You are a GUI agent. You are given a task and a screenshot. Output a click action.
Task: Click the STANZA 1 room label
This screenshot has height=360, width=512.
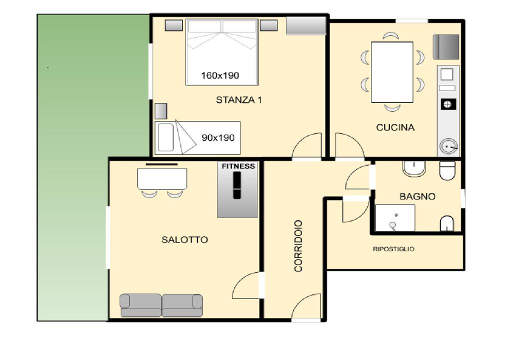click(x=238, y=99)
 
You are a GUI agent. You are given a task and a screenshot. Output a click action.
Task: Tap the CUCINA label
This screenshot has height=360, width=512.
click(x=395, y=127)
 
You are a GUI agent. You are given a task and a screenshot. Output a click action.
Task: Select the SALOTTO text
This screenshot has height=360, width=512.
click(x=184, y=240)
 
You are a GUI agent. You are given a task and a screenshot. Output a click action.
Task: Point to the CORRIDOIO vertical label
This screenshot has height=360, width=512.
click(x=298, y=245)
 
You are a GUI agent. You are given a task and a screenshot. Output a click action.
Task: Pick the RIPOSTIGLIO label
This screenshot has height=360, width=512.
click(x=393, y=249)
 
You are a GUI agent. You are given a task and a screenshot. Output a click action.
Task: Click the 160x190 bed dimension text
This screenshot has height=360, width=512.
click(x=220, y=75)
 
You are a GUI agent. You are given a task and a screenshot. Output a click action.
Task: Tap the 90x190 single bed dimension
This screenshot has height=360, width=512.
click(x=218, y=137)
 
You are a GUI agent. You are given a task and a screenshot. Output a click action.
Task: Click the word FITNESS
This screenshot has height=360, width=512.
click(x=238, y=166)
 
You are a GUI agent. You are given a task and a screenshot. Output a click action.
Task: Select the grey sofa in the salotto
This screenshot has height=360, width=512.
click(x=161, y=305)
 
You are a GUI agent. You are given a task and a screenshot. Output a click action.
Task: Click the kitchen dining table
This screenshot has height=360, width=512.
click(x=392, y=72)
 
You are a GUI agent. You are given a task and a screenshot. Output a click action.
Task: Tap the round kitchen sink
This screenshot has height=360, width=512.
click(x=448, y=146)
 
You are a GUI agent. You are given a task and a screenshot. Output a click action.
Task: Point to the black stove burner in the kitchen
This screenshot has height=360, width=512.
click(x=447, y=104)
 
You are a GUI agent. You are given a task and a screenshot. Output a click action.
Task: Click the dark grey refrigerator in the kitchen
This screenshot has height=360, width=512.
click(x=445, y=47)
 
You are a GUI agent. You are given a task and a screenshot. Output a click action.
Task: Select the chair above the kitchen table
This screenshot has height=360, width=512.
click(x=391, y=35)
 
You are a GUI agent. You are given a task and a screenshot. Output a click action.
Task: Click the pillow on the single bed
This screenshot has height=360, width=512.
click(x=165, y=137)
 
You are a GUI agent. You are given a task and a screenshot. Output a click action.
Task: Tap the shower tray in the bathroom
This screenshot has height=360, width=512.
click(x=395, y=218)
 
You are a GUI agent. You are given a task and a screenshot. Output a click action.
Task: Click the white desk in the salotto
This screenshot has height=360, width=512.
click(x=162, y=178)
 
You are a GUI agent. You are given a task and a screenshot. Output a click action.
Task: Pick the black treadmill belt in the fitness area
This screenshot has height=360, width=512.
click(x=237, y=185)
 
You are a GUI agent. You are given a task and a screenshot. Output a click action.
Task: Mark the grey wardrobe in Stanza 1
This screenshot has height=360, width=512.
click(x=306, y=25)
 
